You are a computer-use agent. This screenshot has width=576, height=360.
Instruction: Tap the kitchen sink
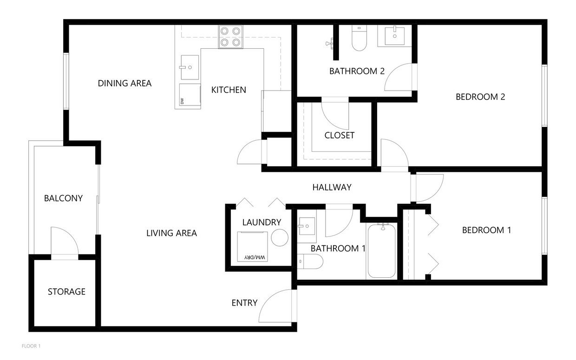189,67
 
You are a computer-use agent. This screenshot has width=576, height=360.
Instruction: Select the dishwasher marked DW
190,96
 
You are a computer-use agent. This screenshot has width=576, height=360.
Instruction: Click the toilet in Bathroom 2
359,39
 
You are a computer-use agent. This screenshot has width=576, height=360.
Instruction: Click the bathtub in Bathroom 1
381,250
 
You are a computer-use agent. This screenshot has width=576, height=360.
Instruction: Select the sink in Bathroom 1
306,226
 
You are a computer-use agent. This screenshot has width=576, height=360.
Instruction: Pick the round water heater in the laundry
280,237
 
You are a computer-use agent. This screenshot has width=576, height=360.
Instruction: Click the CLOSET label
339,135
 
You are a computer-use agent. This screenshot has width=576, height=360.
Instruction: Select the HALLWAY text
332,187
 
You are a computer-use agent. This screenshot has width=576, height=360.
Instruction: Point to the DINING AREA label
124,83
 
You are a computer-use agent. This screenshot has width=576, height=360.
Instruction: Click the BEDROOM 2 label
480,97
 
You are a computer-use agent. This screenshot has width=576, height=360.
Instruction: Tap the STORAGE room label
66,292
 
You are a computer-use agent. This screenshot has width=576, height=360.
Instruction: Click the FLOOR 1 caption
32,346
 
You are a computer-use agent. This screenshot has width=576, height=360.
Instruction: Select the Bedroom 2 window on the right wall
544,95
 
